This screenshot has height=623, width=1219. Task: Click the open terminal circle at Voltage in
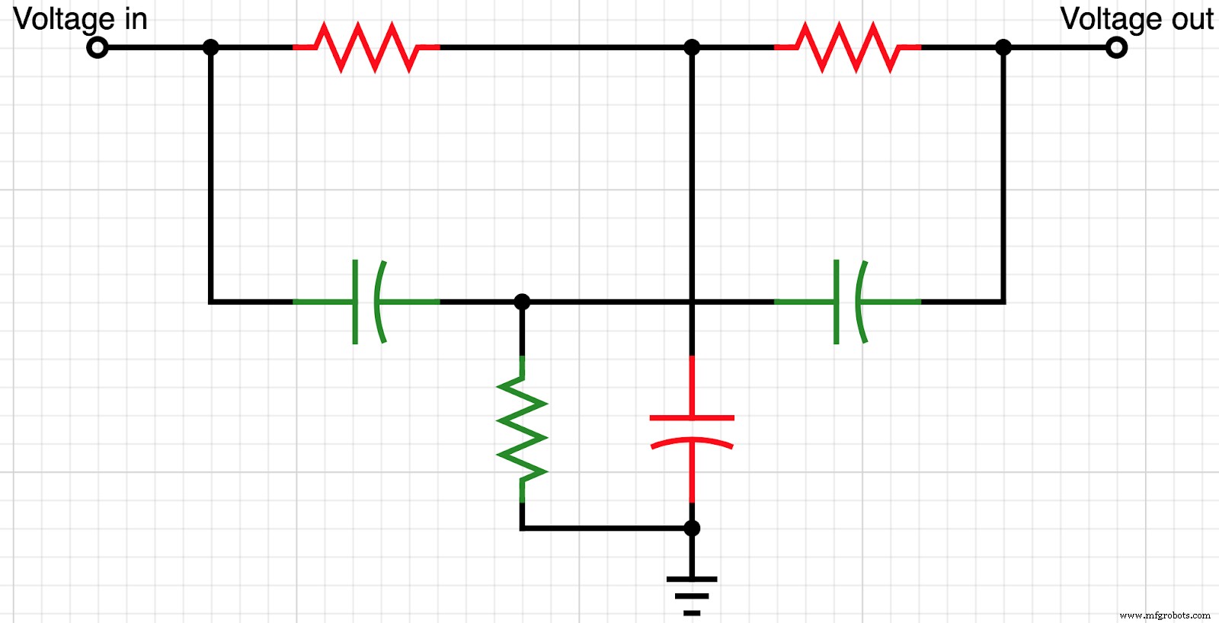(97, 48)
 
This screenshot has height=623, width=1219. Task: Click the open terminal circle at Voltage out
(1116, 48)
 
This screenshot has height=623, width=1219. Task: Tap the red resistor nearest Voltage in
(366, 47)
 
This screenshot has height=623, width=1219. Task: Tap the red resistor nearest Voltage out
(847, 47)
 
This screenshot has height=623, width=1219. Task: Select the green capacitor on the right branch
(848, 302)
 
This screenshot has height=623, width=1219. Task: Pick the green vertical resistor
(522, 430)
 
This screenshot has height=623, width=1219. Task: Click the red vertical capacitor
(692, 430)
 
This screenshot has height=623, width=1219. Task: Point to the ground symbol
(692, 594)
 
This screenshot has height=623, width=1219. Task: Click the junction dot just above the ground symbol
(692, 528)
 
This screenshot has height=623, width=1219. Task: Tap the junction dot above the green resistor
(522, 302)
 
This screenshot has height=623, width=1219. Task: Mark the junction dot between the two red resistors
(692, 47)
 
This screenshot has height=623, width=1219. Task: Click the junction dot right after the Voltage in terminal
(211, 47)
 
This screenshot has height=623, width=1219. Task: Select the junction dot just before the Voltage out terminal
(1003, 47)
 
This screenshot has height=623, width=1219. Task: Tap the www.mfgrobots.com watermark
(1165, 615)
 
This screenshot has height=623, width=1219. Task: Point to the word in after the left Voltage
(136, 19)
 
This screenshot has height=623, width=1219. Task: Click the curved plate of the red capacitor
(692, 442)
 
